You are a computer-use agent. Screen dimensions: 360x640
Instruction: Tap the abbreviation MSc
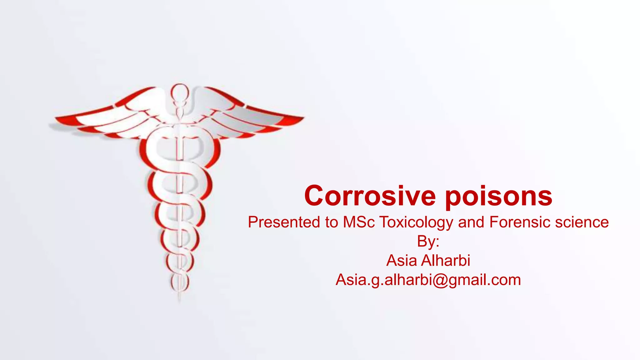pyautogui.click(x=359, y=222)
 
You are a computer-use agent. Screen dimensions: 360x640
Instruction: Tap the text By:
pyautogui.click(x=428, y=241)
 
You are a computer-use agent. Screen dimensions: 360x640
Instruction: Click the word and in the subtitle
pyautogui.click(x=471, y=222)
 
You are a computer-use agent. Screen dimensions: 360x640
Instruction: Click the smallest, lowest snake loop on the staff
pyautogui.click(x=180, y=281)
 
